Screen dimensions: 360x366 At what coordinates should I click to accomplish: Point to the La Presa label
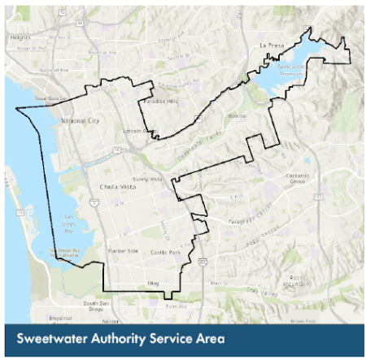point(269,46)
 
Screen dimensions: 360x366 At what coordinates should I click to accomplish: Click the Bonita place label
point(237,117)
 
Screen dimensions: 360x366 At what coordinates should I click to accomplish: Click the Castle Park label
point(169,253)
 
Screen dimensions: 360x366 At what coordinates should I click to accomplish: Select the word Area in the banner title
point(205,337)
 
